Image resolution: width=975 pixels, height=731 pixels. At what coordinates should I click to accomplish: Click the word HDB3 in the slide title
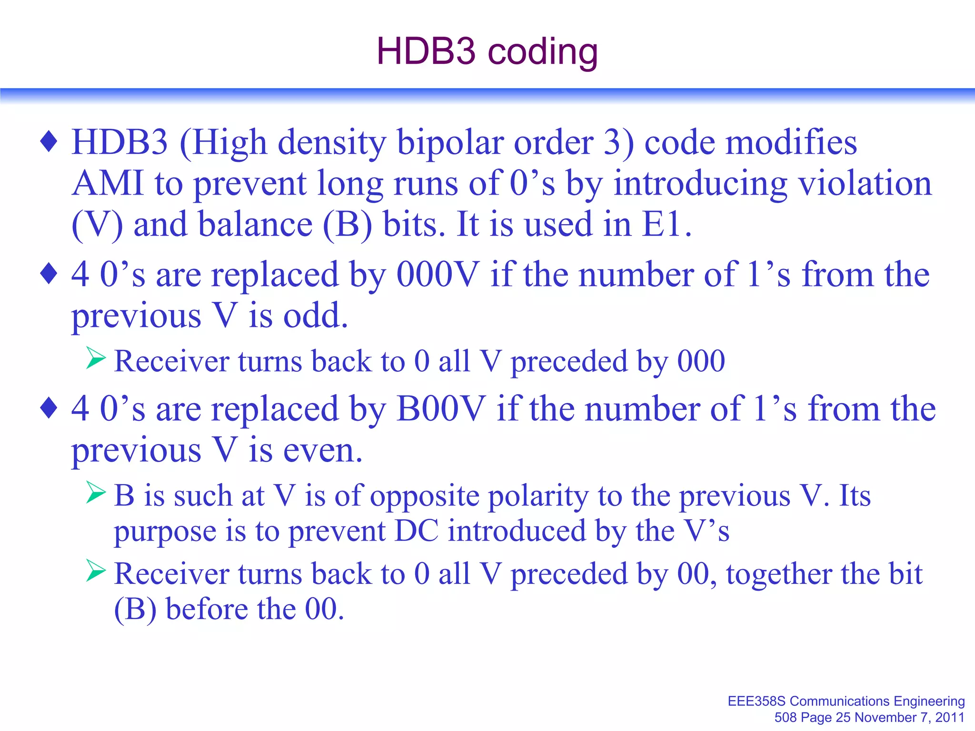pos(426,51)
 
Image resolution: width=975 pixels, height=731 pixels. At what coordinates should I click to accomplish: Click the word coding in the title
pos(543,52)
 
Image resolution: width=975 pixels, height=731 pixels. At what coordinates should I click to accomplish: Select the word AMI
pos(108,183)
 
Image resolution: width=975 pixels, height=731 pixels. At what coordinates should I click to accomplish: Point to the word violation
pos(865,183)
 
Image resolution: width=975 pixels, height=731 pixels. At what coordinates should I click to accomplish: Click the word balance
pos(255,224)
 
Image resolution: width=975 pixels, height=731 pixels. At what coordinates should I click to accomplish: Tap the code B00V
pos(441,409)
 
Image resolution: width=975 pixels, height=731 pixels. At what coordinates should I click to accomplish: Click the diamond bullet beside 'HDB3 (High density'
pos(49,142)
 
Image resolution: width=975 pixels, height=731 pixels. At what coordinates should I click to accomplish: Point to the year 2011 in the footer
pos(950,717)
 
